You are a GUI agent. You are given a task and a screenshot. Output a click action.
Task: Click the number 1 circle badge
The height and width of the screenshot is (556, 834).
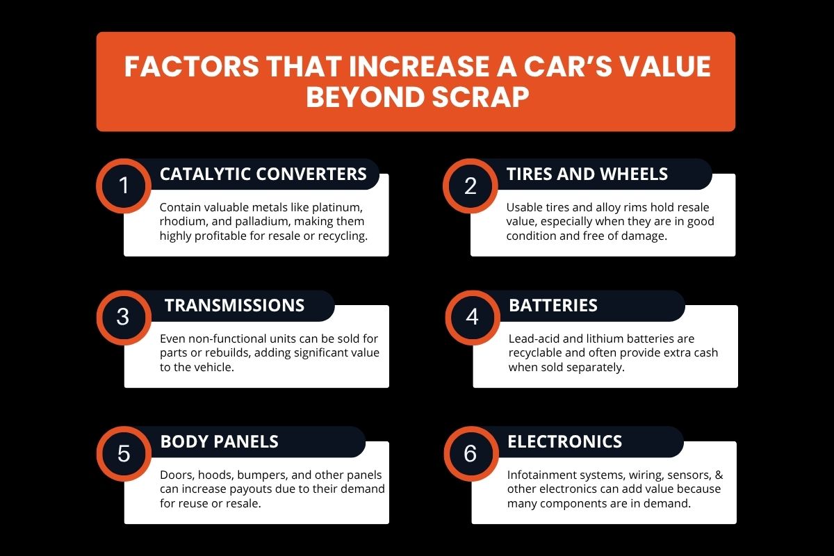124,186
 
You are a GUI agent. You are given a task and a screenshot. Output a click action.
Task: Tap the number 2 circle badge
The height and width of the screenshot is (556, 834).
471,186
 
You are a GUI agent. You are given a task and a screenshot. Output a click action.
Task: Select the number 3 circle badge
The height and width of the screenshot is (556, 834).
124,318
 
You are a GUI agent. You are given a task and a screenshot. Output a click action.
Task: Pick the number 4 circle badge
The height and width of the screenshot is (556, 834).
473,318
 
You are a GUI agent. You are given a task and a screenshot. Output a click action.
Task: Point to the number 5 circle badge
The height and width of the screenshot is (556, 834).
124,454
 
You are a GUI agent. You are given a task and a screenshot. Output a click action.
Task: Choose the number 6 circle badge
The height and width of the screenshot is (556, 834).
471,454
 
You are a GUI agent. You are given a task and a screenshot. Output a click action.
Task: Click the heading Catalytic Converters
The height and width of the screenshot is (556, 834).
263,174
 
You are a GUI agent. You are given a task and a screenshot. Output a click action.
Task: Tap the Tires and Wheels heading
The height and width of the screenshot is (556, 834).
587,174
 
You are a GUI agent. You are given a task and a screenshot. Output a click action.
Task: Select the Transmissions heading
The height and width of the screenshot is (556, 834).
234,305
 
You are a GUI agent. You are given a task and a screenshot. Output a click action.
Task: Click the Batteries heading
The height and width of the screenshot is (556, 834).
553,305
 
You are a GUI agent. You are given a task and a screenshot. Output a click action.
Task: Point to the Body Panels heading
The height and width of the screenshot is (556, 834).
219,441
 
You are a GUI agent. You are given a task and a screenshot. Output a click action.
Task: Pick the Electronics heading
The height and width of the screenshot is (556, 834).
564,441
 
